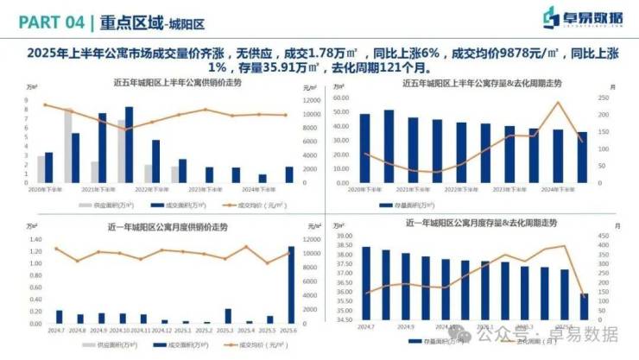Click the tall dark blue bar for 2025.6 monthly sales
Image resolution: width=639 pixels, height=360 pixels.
291,284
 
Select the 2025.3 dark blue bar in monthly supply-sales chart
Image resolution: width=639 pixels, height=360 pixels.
228,315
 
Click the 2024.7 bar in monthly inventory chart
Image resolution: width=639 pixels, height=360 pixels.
366,284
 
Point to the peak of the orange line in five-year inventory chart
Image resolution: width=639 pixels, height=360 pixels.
559,103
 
